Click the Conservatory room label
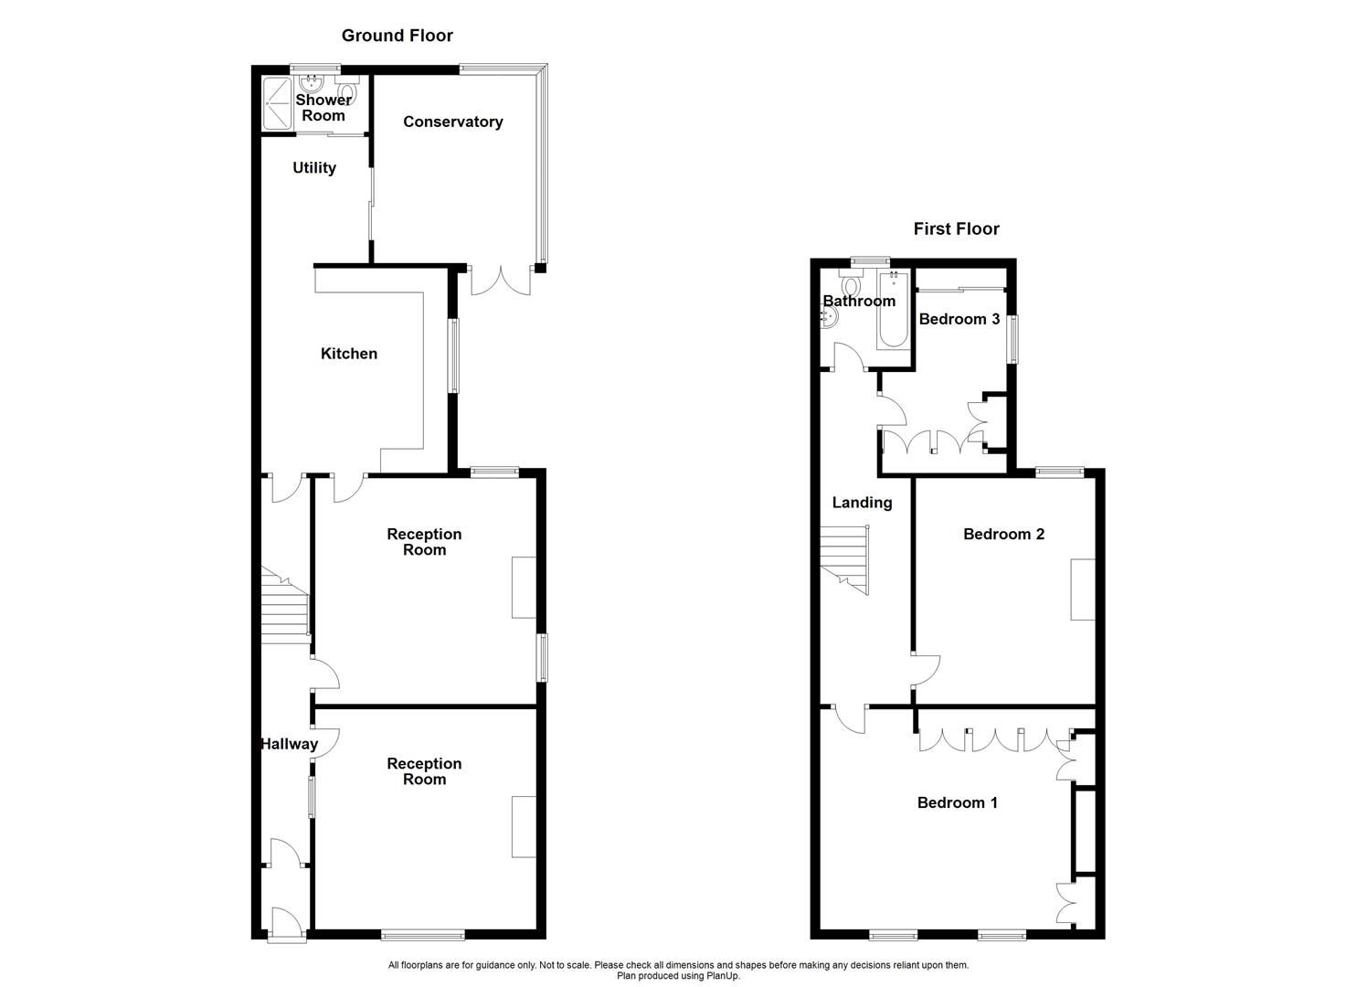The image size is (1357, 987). [452, 122]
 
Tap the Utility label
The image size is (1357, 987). [314, 167]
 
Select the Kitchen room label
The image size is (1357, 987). [348, 354]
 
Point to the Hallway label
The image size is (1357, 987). [289, 744]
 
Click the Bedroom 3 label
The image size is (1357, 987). [959, 319]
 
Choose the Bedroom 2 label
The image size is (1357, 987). [1003, 534]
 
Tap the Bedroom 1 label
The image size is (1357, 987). [957, 802]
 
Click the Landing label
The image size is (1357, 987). [862, 502]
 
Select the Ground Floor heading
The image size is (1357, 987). [397, 36]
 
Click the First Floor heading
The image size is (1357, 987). [956, 228]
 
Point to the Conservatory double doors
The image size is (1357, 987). [500, 280]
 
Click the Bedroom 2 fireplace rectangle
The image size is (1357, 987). [1083, 589]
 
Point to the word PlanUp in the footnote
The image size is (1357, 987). [722, 976]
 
